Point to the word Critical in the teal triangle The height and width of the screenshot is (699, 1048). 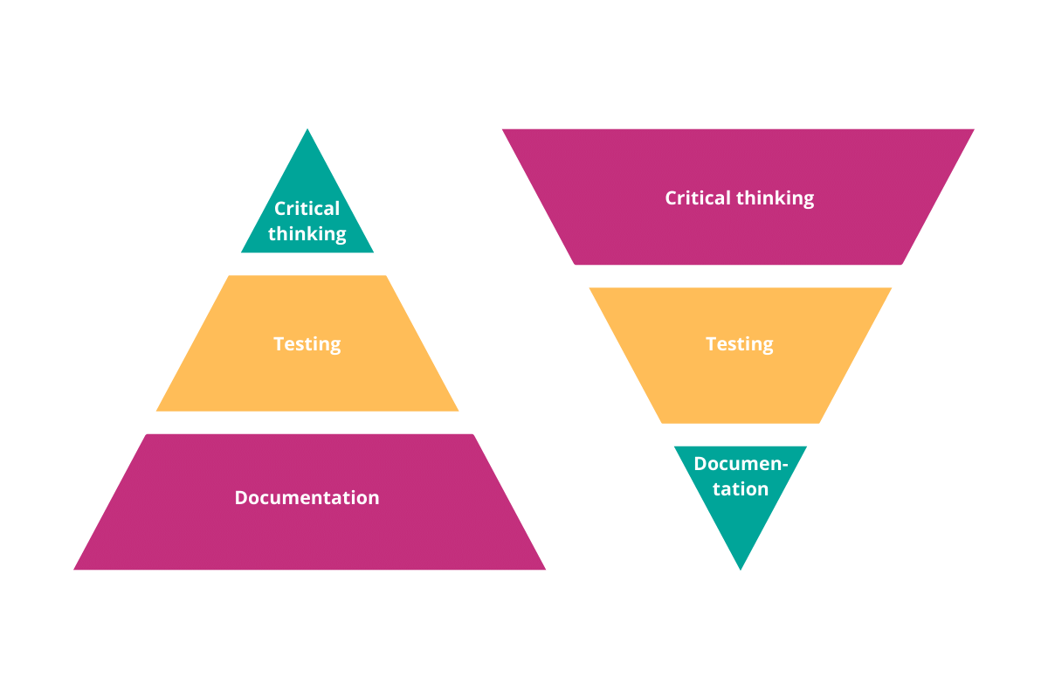tap(307, 209)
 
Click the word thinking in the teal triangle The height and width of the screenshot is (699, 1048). tap(307, 234)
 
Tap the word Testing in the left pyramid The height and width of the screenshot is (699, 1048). tap(307, 343)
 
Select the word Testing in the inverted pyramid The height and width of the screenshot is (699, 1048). tap(739, 343)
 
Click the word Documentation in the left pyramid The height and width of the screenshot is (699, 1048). tap(307, 497)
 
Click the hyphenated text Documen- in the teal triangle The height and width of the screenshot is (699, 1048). tap(741, 464)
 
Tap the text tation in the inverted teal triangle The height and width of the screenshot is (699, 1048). tap(740, 489)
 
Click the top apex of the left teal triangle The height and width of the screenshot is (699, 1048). tap(307, 131)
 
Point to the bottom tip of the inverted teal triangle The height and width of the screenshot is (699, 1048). tap(740, 568)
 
